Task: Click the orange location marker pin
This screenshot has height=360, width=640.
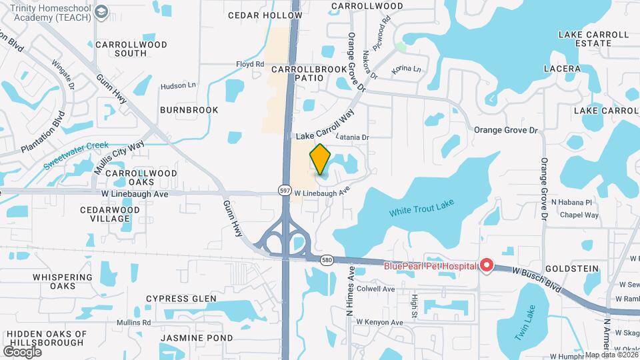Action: pos(321,159)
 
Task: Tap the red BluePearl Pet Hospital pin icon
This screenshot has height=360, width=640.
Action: pos(487,266)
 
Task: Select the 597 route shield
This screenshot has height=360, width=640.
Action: pos(285,191)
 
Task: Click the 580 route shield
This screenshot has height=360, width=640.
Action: pos(326,259)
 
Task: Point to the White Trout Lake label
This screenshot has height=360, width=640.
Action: pos(421,211)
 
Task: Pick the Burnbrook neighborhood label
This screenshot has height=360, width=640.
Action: pos(189,109)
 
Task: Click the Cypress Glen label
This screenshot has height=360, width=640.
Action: pos(181,298)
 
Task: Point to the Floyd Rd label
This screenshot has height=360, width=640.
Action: pos(250,65)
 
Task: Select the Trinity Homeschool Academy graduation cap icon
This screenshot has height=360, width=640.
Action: pos(101,12)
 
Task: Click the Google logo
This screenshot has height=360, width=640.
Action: pos(23,351)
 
